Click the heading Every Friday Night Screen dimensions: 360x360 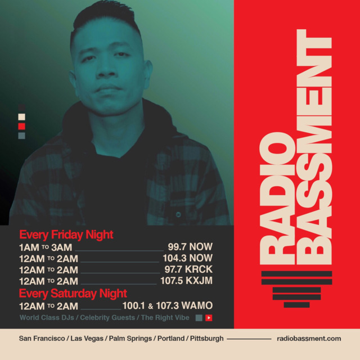click(66, 235)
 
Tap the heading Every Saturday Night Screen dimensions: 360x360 click(73, 294)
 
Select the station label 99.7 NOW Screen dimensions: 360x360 click(190, 247)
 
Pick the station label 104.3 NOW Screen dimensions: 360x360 click(187, 258)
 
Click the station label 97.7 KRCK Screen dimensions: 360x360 click(188, 269)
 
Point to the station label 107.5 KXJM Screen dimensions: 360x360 click(186, 281)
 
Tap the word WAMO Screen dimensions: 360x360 click(197, 305)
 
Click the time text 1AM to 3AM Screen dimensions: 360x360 click(46, 247)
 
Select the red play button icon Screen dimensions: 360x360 click(209, 318)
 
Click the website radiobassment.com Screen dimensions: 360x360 click(309, 339)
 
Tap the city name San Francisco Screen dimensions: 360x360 click(42, 339)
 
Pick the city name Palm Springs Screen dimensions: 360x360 click(130, 339)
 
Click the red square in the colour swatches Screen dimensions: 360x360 click(21, 126)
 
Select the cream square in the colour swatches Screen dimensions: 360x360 click(21, 117)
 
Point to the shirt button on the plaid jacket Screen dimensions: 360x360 click(178, 215)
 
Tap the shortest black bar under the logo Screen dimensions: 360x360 click(296, 305)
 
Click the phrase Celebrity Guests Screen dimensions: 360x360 click(107, 318)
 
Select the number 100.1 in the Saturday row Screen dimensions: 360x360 click(134, 306)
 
